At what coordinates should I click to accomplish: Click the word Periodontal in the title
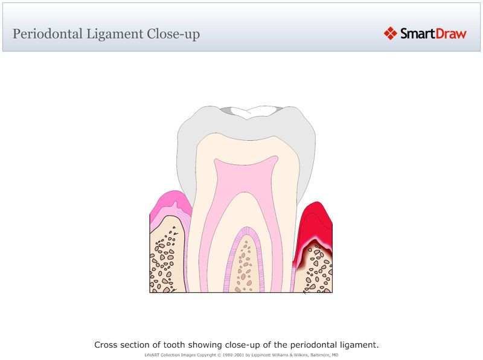click(46, 34)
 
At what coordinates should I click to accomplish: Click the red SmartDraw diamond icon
click(391, 33)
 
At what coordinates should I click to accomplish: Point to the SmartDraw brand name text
click(433, 33)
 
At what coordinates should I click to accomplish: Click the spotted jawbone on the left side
click(166, 260)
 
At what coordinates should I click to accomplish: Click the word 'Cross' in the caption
click(106, 345)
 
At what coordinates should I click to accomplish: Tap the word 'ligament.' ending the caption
click(359, 345)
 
